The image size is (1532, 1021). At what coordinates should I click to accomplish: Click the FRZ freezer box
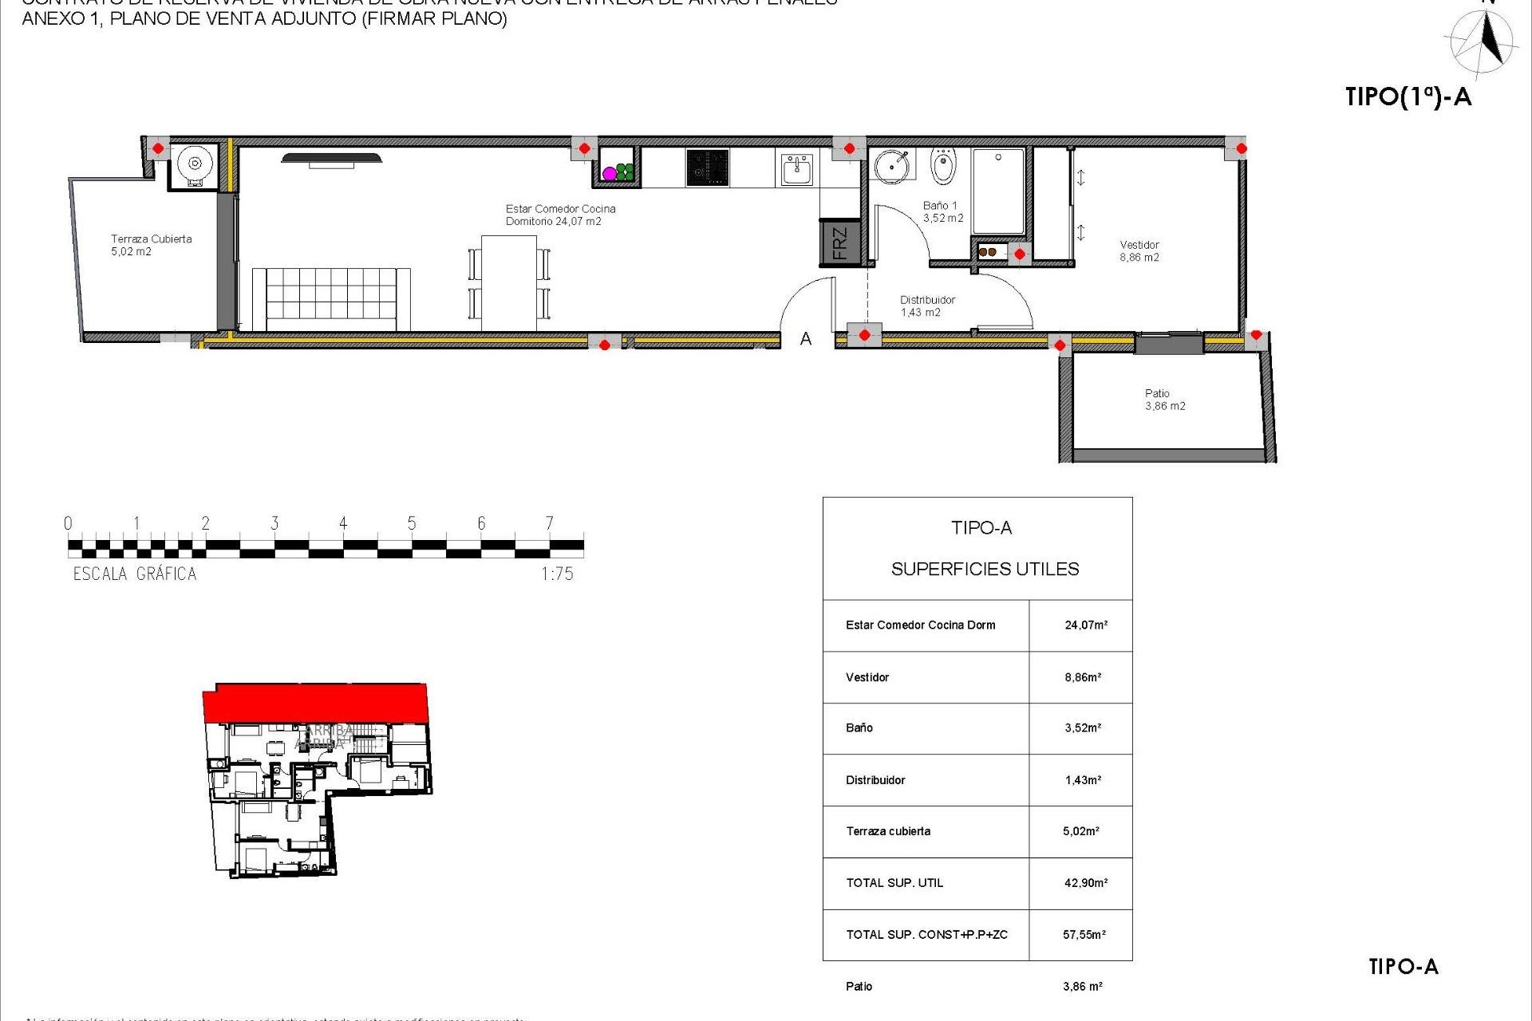(x=839, y=242)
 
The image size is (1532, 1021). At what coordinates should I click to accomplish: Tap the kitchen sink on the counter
(x=796, y=169)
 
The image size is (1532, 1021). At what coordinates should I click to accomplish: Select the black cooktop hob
(x=707, y=168)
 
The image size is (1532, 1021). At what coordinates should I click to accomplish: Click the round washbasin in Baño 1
(x=890, y=166)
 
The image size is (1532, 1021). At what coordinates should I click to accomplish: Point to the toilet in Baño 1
(x=943, y=165)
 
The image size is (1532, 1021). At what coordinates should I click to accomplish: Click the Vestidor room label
(x=1139, y=250)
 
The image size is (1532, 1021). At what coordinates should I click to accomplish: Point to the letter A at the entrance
(x=806, y=339)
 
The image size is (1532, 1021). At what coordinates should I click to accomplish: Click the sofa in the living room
(x=331, y=298)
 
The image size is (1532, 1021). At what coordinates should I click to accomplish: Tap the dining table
(x=509, y=282)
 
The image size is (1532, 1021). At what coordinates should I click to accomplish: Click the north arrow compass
(x=1485, y=41)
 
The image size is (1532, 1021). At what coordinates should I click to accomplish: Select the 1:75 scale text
(x=557, y=574)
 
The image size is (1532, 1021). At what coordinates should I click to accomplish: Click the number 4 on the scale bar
(x=343, y=523)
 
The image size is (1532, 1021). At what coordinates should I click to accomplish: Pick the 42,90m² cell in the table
(x=1085, y=883)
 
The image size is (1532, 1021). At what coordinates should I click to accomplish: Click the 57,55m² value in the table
(x=1084, y=935)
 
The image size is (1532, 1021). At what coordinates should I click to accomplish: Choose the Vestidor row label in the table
(x=867, y=677)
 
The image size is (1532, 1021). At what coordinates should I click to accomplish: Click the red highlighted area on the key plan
(x=316, y=703)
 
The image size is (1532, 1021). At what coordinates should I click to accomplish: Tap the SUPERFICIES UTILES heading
(x=985, y=569)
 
